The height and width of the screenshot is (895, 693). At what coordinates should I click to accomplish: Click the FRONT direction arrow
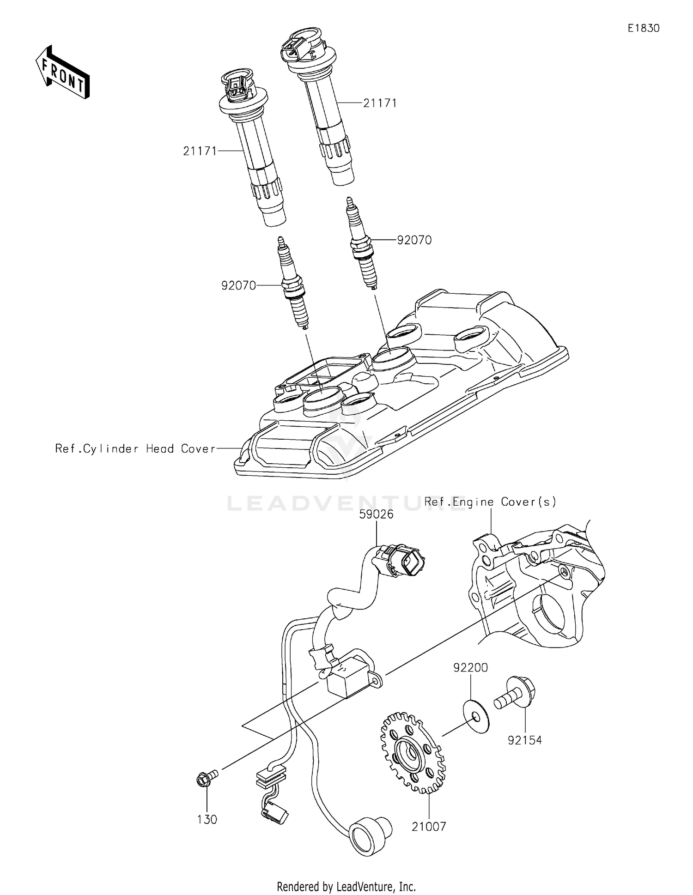[62, 73]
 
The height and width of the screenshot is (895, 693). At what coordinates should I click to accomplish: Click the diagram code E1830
[643, 29]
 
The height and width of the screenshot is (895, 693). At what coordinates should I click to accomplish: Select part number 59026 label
[377, 514]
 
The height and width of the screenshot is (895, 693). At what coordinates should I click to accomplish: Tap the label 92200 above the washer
[470, 668]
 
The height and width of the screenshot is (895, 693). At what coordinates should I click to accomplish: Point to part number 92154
[524, 740]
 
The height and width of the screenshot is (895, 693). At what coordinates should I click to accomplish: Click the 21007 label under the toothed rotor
[429, 827]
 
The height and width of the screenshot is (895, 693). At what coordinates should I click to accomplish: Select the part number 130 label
[207, 819]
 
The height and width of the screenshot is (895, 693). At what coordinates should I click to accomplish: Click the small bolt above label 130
[206, 779]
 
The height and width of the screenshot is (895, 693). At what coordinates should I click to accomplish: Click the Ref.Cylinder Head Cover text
[135, 448]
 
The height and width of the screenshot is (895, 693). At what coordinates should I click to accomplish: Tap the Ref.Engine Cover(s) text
[490, 502]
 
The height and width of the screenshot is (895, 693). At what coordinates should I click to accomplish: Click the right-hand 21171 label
[380, 103]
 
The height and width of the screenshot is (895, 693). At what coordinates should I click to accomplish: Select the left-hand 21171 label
[200, 151]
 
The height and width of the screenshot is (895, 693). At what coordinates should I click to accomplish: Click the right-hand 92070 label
[414, 240]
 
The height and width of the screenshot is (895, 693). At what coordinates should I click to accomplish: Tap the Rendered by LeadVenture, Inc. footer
[346, 887]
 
